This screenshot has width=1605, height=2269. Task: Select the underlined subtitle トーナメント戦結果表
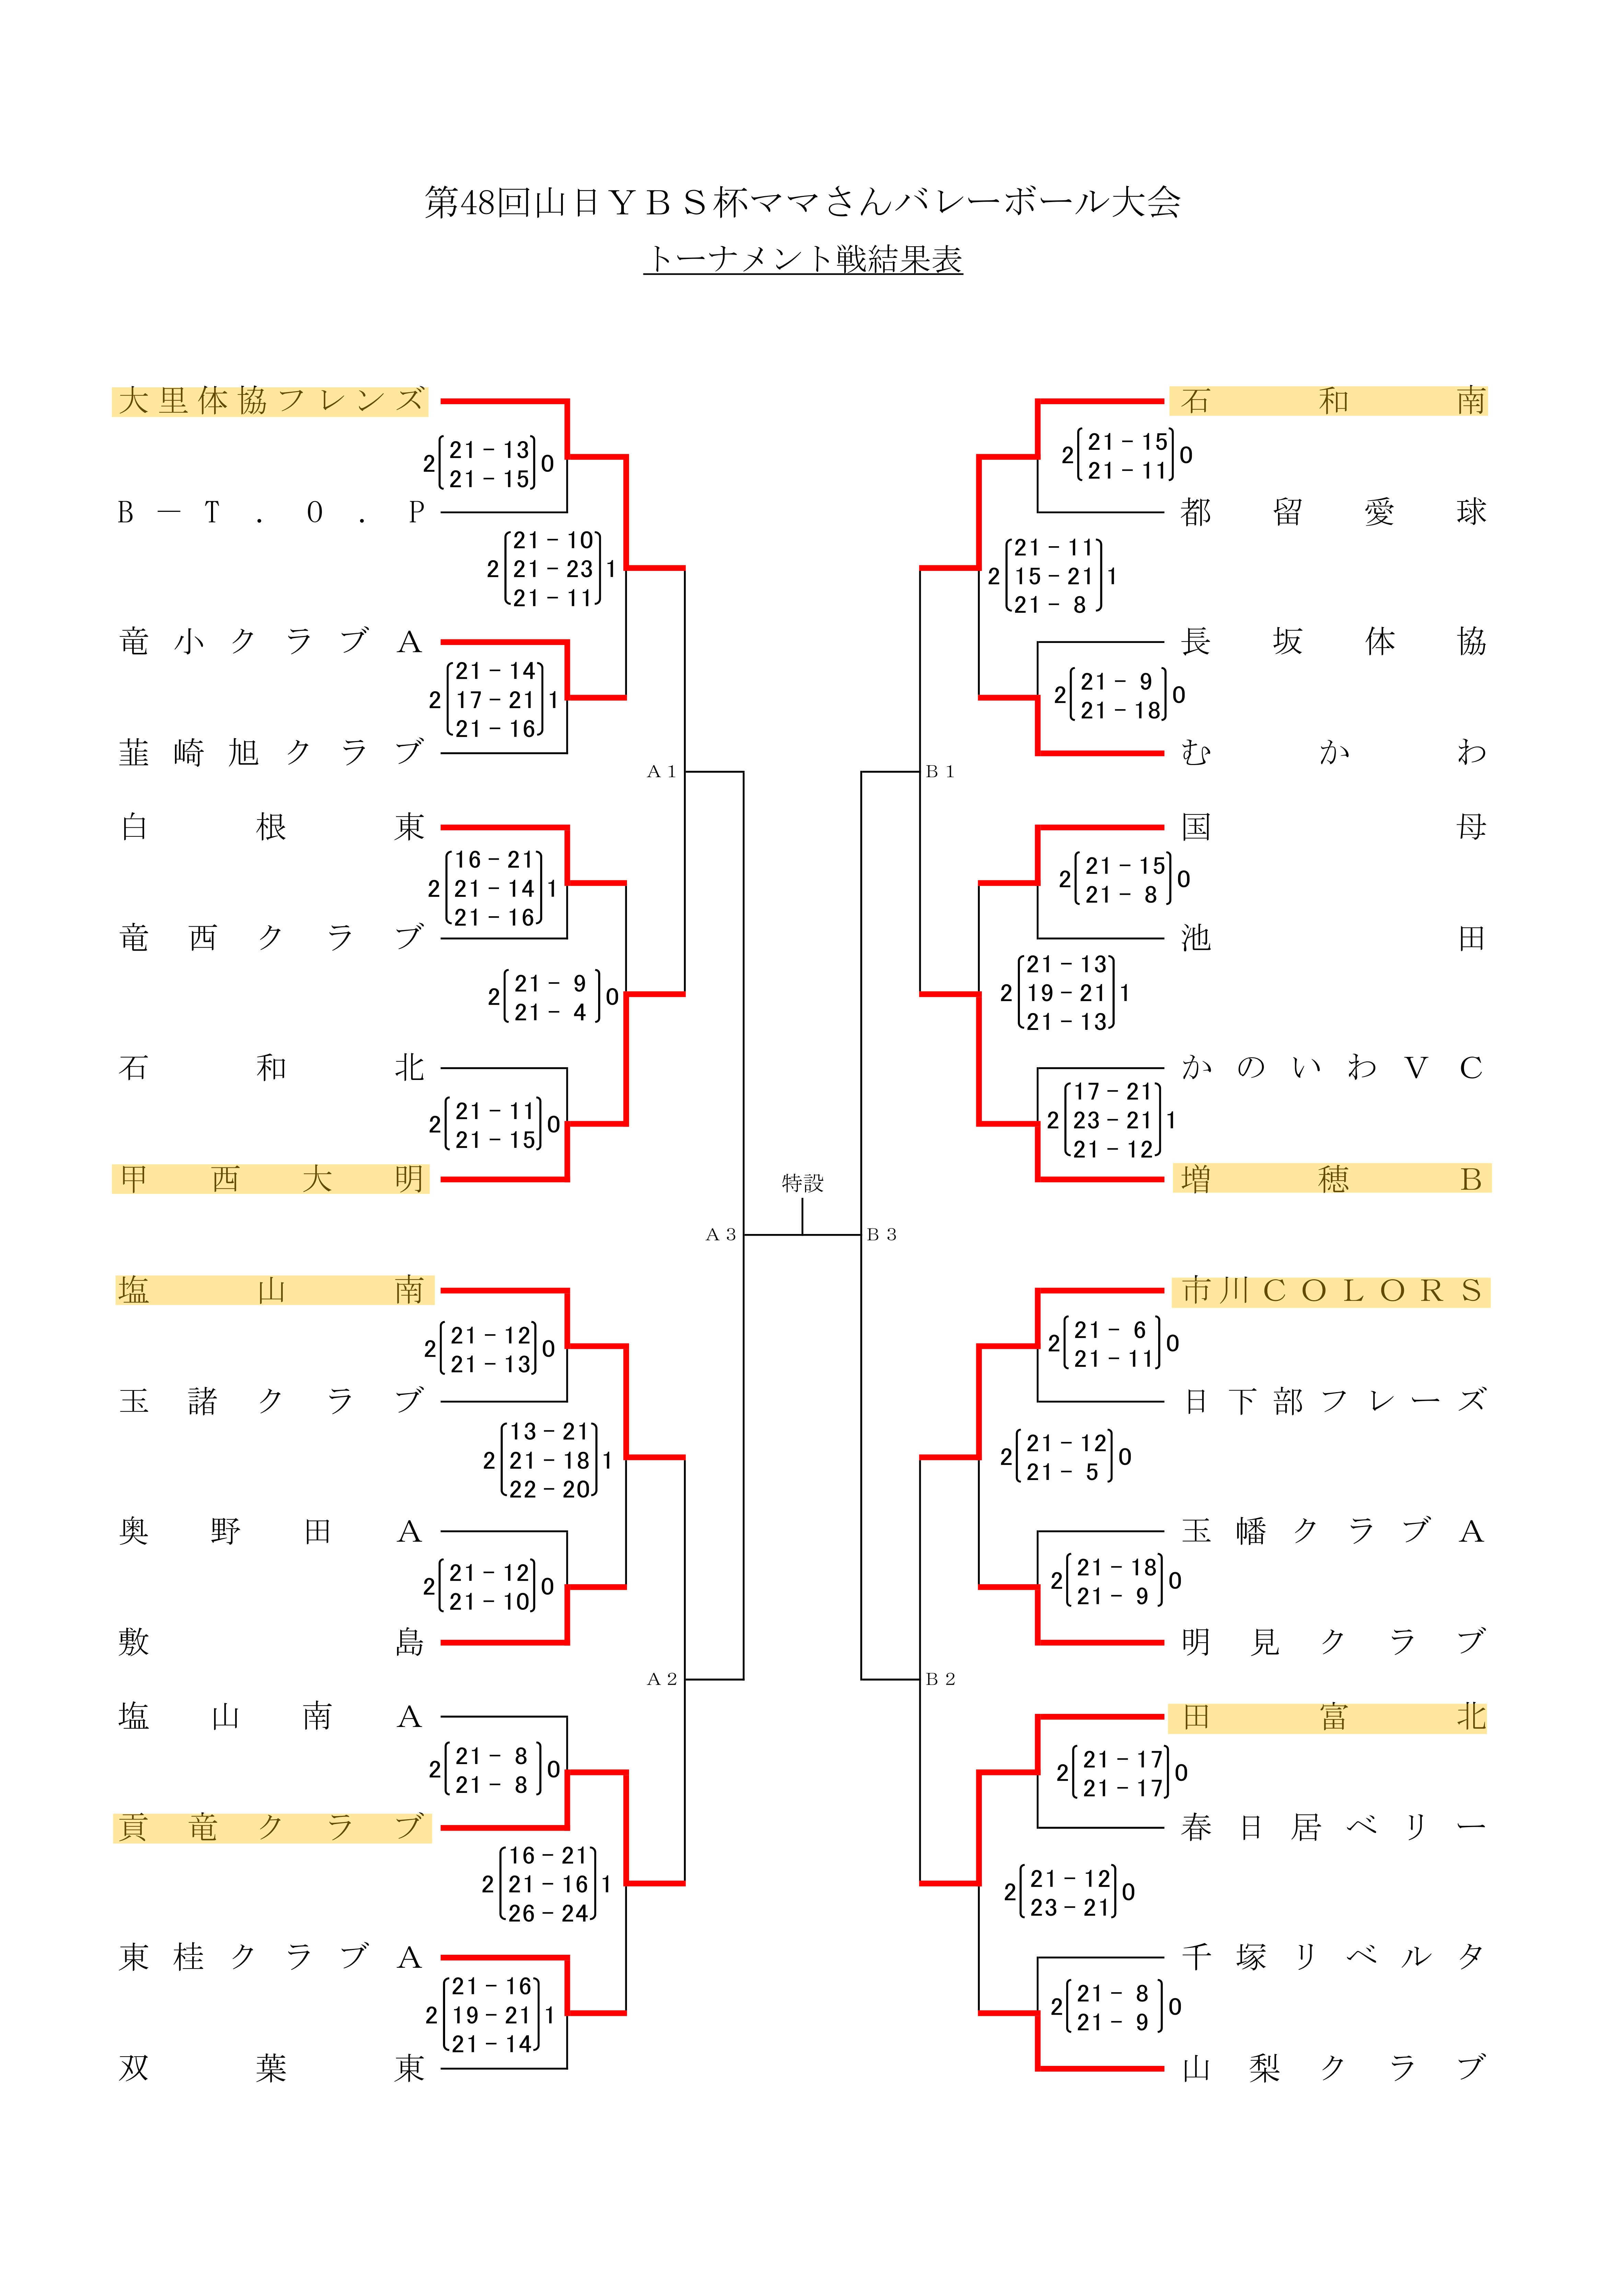[802, 259]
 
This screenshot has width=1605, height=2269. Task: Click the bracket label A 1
[661, 772]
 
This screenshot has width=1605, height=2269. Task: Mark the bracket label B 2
[940, 1679]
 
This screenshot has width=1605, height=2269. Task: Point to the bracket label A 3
[720, 1234]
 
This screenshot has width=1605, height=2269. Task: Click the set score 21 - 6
[1111, 1330]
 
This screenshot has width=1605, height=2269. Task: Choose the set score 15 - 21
[1054, 576]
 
